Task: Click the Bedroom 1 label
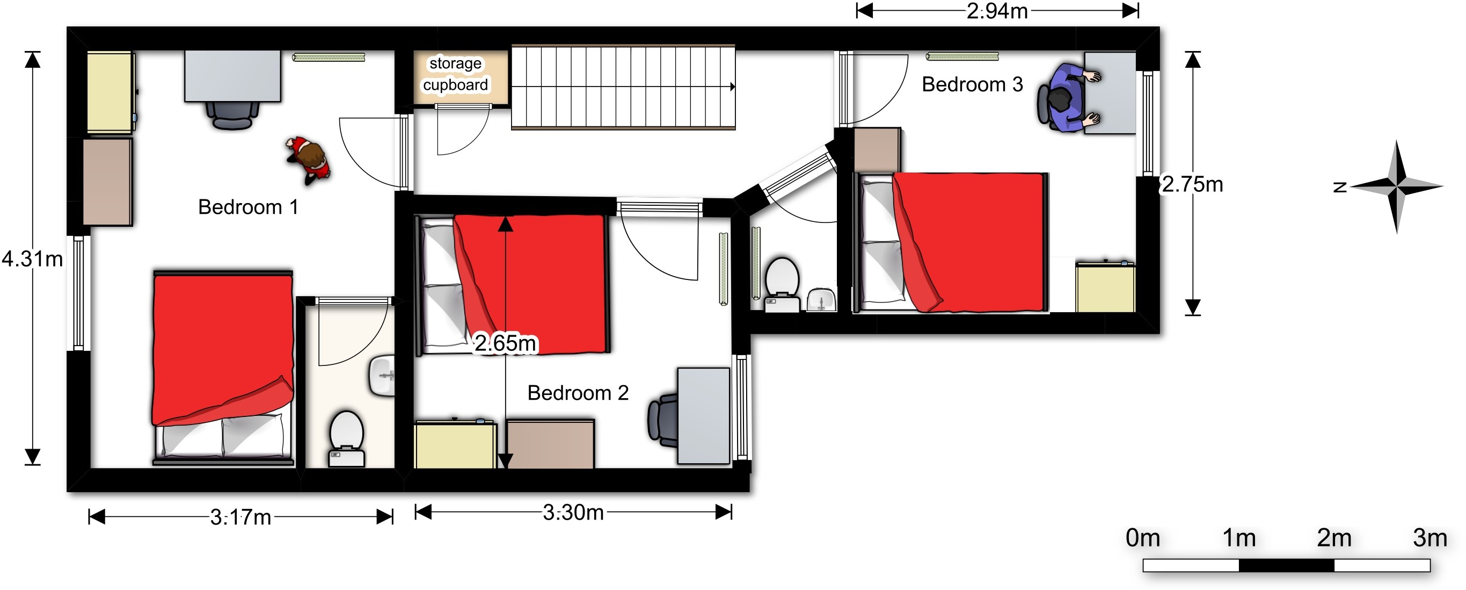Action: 248,207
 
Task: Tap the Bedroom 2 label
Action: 578,393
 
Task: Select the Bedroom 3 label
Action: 972,84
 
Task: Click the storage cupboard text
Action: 455,74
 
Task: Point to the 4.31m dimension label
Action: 32,259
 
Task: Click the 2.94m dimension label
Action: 997,11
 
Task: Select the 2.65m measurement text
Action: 505,343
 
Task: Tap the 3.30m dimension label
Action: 573,513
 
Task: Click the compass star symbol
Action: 1397,186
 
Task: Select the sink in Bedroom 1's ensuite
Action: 382,376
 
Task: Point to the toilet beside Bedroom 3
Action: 782,285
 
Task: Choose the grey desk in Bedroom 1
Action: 232,76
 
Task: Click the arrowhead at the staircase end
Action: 732,87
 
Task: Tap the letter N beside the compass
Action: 1340,187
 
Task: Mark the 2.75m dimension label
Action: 1192,184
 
